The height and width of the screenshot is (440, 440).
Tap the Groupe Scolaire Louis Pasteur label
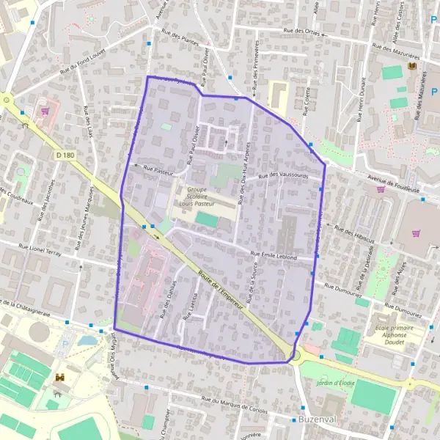192,197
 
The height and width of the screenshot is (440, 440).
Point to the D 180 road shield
65,155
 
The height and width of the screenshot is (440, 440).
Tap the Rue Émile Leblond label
273,256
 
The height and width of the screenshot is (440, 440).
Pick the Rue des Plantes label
180,42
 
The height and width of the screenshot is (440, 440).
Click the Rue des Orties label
302,31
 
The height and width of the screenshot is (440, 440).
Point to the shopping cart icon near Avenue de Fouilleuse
381,189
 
